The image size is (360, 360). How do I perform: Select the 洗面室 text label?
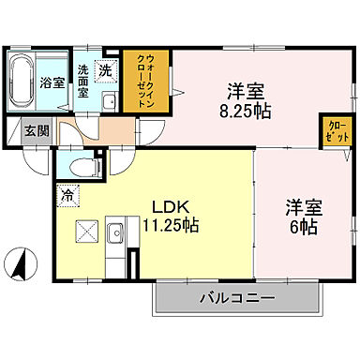pos(83,81)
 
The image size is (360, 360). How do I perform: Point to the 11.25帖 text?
pos(170,226)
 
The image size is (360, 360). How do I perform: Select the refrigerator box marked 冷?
pos(67,196)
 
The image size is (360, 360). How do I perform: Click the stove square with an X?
pos(87,231)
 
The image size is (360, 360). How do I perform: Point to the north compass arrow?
pos(17,261)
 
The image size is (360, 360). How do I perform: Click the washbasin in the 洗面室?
pos(108,102)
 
